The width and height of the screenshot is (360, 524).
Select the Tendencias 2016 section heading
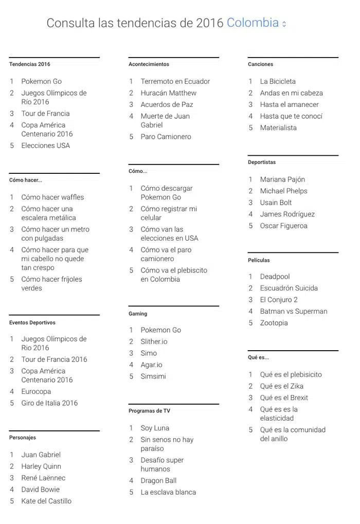coord(30,64)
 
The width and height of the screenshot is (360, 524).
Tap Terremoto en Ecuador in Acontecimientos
coord(175,81)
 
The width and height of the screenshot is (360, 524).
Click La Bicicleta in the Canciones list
coord(277,81)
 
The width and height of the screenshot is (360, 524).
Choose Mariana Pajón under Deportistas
coord(282,179)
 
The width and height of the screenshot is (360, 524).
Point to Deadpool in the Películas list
coord(275,277)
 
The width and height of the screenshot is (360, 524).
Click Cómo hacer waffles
coord(52,197)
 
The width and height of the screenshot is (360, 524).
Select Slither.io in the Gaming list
coord(154,341)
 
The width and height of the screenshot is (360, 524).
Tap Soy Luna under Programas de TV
coord(155,428)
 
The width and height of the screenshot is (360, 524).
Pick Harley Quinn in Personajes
coord(41,466)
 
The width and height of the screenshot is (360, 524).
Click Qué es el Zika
coord(281,386)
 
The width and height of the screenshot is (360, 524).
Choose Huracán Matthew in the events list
coord(168,93)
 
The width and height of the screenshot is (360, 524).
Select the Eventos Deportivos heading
coord(32,322)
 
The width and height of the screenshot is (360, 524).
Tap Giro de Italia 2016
coord(49,403)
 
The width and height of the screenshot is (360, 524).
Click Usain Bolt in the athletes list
coord(276,203)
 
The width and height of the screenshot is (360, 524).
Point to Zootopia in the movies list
coord(274,323)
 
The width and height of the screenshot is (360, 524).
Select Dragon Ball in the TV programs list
coord(158,481)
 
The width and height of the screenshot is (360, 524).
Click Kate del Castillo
coord(46,501)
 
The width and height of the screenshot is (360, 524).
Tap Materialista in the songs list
coord(278,128)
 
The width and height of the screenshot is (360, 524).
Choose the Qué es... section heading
coord(258,357)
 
